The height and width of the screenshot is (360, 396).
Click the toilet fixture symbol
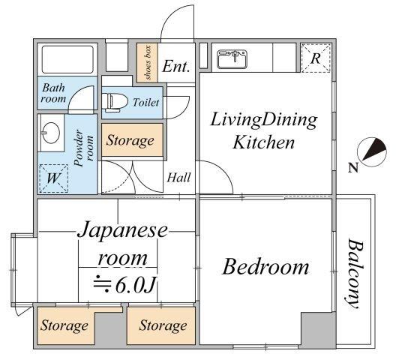pos(115,103)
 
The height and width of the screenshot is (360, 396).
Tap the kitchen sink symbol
pos(232,59)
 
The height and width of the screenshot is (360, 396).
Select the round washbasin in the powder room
pos(51,133)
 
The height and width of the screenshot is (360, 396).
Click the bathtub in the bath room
pos(67,59)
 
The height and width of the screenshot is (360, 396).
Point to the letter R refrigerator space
pos(316,58)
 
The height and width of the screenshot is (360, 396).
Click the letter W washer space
pos(53,178)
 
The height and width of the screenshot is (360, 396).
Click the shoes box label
pos(148,63)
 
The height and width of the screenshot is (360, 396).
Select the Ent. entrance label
pos(176,67)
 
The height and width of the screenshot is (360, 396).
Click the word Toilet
pos(146,103)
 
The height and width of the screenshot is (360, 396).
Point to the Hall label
pos(178,177)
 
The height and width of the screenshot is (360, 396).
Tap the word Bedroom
pos(265,267)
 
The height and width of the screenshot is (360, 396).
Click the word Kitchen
pos(264,142)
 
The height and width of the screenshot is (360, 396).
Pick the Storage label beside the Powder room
pos(130,140)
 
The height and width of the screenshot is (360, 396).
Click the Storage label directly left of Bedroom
pos(163,325)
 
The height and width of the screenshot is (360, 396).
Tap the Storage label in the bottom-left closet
pos(64,325)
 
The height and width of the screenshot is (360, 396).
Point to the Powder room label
pos(84,148)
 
